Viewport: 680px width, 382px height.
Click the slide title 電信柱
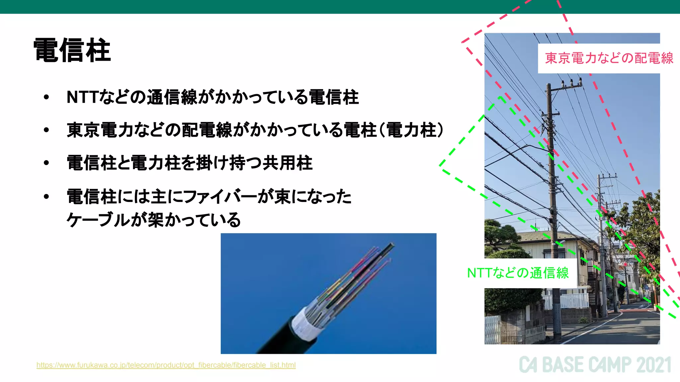click(72, 50)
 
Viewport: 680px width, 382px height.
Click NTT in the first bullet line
click(82, 97)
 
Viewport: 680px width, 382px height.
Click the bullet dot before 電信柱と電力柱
click(46, 163)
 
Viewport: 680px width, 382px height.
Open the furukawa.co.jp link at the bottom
click(166, 365)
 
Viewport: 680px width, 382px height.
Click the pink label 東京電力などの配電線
click(609, 58)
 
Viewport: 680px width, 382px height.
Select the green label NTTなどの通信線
click(518, 273)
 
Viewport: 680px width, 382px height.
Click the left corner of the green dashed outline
click(440, 164)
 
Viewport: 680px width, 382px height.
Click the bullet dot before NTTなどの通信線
click(46, 97)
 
